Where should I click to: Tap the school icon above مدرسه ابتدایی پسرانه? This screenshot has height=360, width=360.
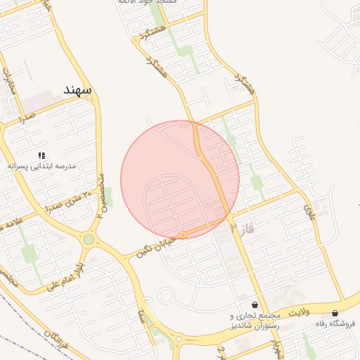point(41,155)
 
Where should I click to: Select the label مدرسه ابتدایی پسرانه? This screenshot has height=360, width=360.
point(41,166)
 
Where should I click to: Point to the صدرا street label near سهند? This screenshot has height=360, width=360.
point(28,116)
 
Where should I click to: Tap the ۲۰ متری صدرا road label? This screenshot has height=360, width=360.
point(67,200)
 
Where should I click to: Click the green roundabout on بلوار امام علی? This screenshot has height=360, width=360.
point(89,240)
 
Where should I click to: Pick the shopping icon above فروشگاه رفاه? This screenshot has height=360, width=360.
point(335,313)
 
